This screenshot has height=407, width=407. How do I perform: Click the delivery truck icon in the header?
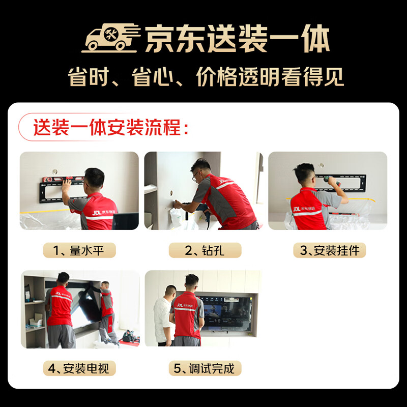[110, 38]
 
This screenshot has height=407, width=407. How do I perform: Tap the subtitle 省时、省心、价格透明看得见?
[206, 77]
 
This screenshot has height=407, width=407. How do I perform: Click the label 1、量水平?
[79, 250]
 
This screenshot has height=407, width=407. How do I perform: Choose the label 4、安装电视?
[79, 368]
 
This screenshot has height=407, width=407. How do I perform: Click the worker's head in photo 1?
[95, 178]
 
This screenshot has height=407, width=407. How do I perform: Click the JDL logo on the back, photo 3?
[298, 208]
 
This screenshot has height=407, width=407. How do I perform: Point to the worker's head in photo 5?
[191, 281]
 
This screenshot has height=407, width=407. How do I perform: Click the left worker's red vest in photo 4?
[61, 305]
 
